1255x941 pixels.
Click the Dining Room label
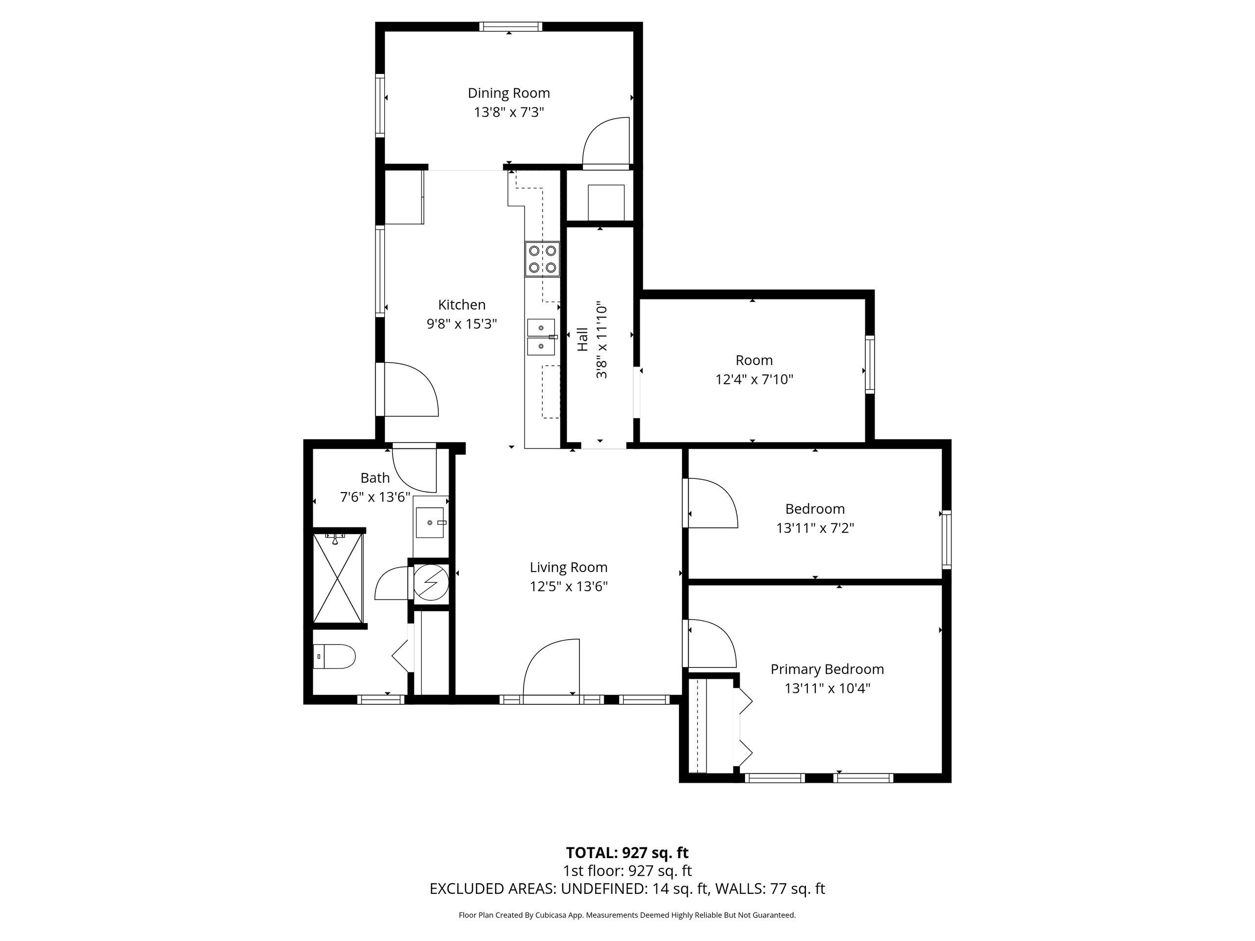508,93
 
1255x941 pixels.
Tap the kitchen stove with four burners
542,259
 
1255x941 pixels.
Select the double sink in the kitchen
542,337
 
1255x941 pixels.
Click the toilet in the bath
334,656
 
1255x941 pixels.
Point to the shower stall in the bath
338,578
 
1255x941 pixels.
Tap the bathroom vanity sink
431,522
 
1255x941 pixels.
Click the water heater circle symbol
431,581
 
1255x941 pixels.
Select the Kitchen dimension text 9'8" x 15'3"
462,324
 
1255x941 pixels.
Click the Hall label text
583,339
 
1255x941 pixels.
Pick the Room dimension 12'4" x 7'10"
754,379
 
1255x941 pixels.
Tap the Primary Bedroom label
827,669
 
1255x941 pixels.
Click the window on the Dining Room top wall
510,26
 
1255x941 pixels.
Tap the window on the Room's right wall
870,365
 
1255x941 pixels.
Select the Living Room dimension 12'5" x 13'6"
569,586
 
